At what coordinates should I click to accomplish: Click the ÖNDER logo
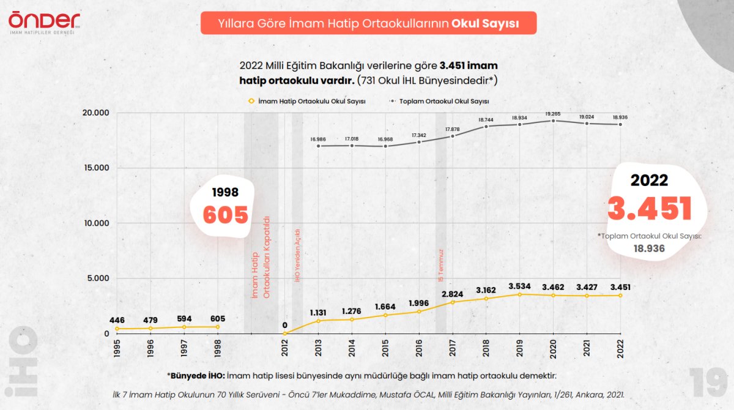click(44, 21)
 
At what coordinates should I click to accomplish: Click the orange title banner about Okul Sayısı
click(368, 23)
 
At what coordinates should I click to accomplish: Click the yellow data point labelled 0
click(284, 334)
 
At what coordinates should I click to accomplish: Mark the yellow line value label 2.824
click(453, 294)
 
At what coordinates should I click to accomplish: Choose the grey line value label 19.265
click(553, 113)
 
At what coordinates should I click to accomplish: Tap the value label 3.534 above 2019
click(519, 286)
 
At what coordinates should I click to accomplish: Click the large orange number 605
click(226, 215)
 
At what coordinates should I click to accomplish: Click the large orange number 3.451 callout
click(649, 208)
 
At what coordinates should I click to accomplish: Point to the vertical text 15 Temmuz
click(440, 265)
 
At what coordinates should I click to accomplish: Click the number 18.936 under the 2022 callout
click(649, 248)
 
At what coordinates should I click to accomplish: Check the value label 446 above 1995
click(117, 320)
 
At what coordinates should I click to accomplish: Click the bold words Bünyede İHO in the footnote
click(198, 375)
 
